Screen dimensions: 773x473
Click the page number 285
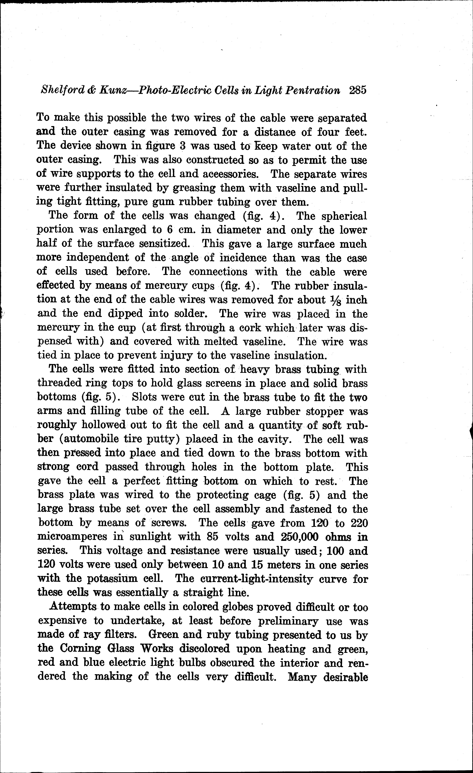click(357, 91)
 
